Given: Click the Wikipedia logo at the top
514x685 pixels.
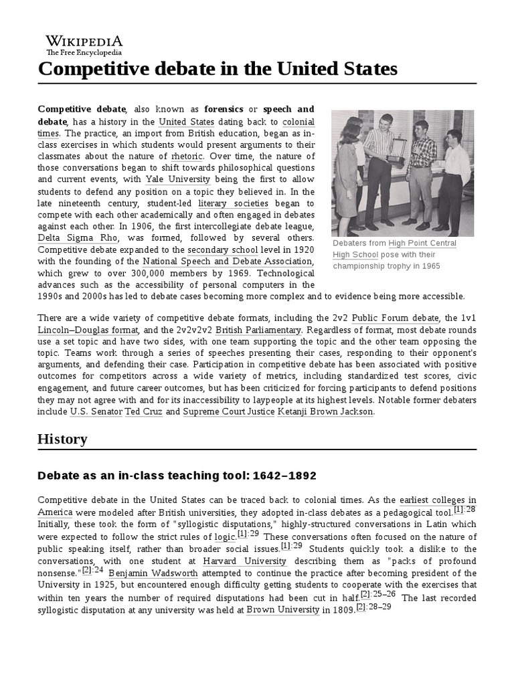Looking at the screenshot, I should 84,44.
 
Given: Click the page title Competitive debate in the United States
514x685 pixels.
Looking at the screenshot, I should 218,69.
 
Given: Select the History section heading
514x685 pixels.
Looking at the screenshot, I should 62,439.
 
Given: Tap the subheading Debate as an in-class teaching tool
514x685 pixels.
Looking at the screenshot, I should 177,476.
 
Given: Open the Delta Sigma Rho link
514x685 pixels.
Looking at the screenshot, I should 68,237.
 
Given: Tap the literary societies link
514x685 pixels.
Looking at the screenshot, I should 233,203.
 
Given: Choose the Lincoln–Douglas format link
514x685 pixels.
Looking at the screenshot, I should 88,330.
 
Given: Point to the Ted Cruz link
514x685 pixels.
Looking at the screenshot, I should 143,412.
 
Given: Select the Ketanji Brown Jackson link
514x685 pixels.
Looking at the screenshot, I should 325,412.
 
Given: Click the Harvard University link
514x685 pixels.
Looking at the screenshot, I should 244,561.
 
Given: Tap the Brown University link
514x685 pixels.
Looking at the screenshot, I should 282,609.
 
